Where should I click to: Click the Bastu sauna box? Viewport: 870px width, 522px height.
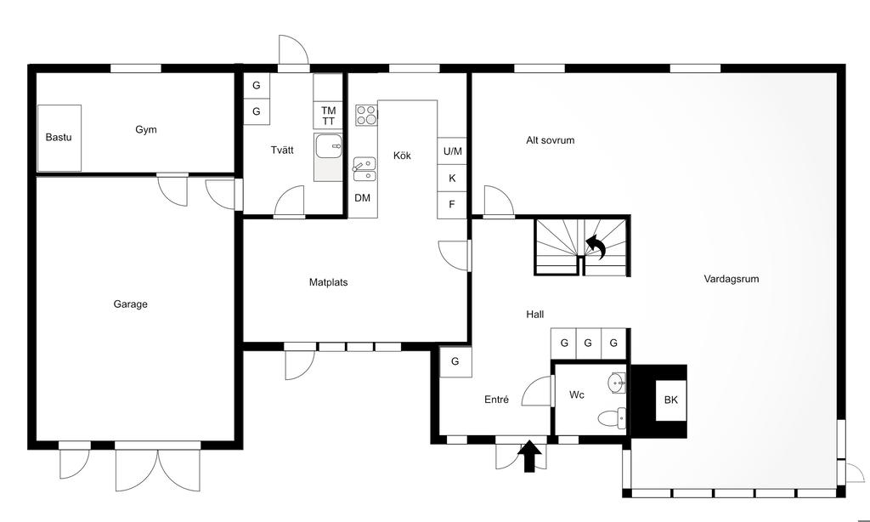point(59,138)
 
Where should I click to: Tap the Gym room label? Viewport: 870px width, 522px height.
point(146,130)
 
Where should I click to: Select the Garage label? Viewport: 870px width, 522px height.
point(130,304)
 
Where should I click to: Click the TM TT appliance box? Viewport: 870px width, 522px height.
point(328,116)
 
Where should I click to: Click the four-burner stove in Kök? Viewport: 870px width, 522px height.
point(366,115)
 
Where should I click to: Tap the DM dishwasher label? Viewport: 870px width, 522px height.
point(362,198)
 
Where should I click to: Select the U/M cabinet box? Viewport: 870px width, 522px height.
point(452,151)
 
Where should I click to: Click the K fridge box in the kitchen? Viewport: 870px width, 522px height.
point(452,179)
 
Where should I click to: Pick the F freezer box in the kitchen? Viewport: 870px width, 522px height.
point(452,205)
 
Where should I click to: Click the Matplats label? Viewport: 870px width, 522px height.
point(329,282)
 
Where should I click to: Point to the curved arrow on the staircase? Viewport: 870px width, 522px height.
point(596,247)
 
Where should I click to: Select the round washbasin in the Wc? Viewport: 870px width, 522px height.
point(617,383)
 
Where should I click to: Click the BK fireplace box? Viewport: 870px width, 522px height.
point(671,400)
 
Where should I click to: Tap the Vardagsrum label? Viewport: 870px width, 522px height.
point(732,280)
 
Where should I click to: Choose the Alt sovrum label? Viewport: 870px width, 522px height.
point(551,140)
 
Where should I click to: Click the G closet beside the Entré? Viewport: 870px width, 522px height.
point(455,361)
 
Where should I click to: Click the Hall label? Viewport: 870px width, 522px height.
point(535,315)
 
